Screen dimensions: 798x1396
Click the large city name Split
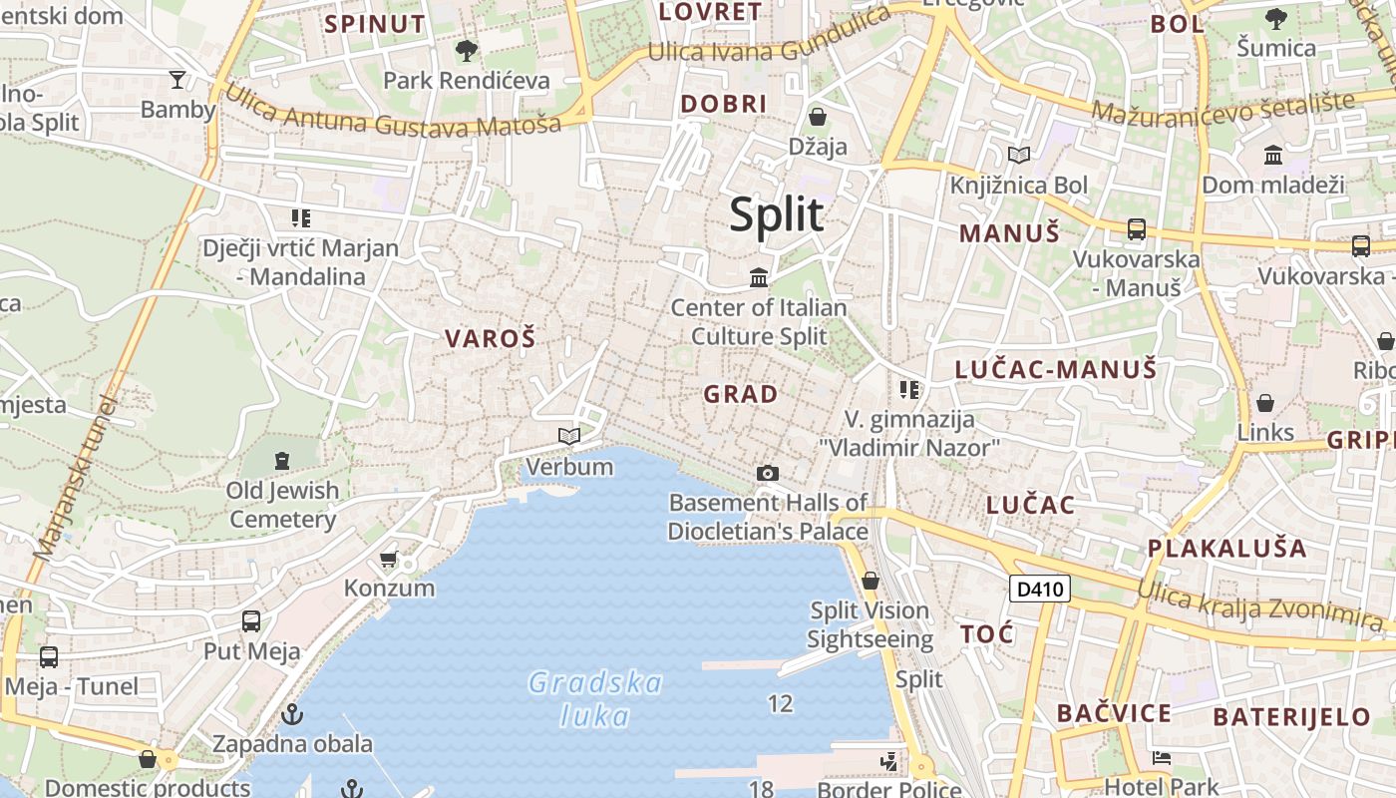click(x=777, y=214)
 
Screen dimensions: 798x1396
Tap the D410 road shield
click(x=1039, y=589)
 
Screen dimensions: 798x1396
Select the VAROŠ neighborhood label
click(x=491, y=338)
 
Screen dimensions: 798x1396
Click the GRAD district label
click(x=741, y=394)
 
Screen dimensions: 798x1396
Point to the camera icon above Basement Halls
click(x=767, y=473)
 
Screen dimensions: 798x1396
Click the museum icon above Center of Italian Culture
click(x=759, y=276)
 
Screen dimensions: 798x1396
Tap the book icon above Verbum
click(x=569, y=436)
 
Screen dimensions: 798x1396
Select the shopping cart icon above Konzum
click(x=389, y=559)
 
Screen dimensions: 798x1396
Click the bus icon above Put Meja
click(x=251, y=621)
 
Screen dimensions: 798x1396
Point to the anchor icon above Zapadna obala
click(x=292, y=714)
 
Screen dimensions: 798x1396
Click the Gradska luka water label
click(x=595, y=699)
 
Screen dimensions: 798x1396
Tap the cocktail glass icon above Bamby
click(x=177, y=79)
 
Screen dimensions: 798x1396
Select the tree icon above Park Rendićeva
click(x=466, y=50)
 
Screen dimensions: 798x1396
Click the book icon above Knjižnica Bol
click(x=1018, y=155)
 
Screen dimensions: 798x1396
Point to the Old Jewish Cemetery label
click(x=282, y=504)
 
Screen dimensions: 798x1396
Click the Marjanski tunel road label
click(x=75, y=479)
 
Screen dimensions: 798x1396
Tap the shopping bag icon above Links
click(x=1264, y=403)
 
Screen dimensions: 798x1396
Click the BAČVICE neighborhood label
click(x=1114, y=713)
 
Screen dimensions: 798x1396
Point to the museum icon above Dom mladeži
click(x=1273, y=155)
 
